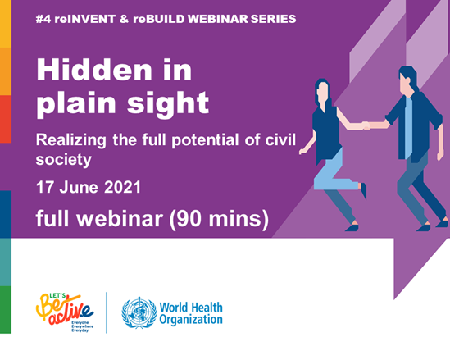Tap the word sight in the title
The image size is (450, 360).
[168, 103]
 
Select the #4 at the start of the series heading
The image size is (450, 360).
[43, 19]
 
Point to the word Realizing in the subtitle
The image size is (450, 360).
[70, 141]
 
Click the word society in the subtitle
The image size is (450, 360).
[64, 160]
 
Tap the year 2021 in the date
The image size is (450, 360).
[123, 187]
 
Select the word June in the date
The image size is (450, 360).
[79, 187]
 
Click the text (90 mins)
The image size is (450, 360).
[219, 219]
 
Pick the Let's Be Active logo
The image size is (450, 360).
[65, 312]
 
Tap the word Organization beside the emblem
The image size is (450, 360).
[191, 320]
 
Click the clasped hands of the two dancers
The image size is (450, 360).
[366, 125]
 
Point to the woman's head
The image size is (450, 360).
[322, 91]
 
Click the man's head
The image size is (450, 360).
[407, 78]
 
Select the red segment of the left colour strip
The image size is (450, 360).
[6, 119]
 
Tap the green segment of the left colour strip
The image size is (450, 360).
[6, 310]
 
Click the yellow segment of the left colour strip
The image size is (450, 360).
[6, 24]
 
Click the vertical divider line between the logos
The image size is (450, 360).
[107, 313]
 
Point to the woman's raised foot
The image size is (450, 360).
[363, 189]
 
